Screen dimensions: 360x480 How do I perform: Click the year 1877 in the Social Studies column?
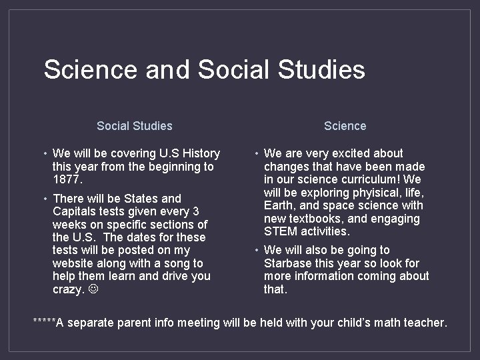(65, 179)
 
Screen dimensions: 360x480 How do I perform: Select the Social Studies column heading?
(134, 125)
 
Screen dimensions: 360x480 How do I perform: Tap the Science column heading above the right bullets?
(345, 125)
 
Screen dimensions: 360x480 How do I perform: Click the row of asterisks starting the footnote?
(44, 322)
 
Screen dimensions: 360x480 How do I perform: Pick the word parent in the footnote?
(137, 323)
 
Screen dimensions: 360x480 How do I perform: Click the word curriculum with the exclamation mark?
(369, 179)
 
